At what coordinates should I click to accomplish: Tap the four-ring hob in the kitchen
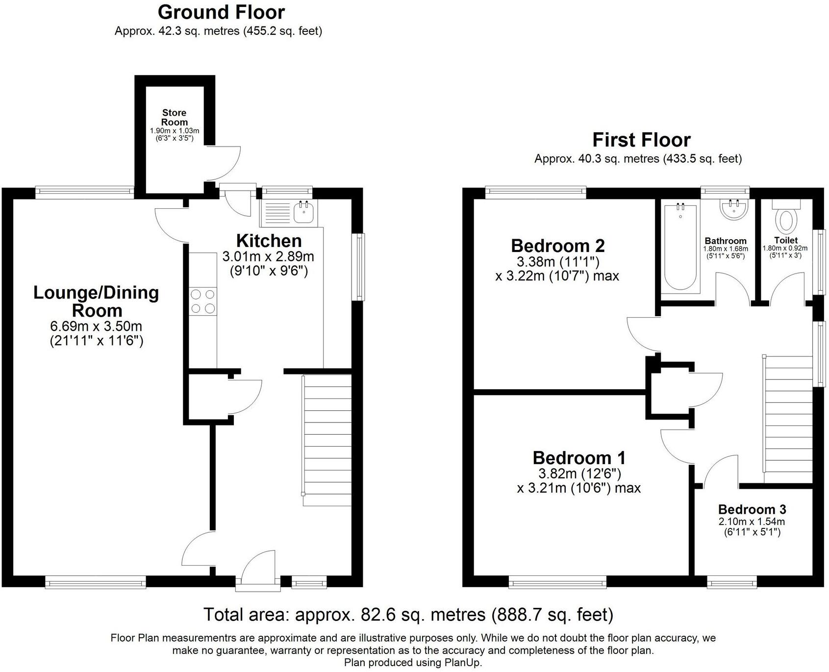pos(203,301)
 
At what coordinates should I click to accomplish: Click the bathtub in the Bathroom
pos(679,248)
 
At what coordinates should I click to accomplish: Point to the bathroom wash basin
pos(734,210)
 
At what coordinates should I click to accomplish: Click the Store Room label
pos(175,118)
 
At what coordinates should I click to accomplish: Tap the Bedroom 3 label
pos(752,509)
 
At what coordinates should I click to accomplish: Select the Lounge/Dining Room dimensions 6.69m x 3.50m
pos(96,326)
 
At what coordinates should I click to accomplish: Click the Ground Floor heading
pos(221,12)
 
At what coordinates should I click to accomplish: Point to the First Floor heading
pos(641,140)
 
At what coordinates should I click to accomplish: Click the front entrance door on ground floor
pos(258,569)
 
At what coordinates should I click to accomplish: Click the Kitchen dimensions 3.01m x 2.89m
pos(268,256)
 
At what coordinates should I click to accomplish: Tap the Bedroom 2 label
pos(557,245)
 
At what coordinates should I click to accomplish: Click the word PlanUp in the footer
pos(462,663)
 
